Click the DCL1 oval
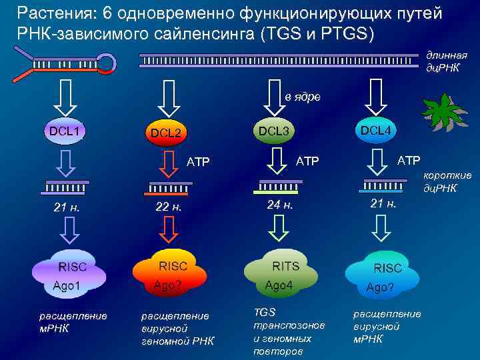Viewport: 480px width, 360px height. click(x=63, y=131)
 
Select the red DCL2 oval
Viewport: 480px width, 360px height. click(x=165, y=133)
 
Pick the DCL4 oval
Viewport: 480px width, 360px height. click(x=375, y=130)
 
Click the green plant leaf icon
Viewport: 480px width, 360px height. click(x=443, y=111)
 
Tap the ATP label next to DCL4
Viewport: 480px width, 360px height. click(x=409, y=160)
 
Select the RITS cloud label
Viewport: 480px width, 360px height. click(x=285, y=265)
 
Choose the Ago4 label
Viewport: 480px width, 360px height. click(x=279, y=285)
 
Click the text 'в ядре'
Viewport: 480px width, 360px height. click(x=303, y=97)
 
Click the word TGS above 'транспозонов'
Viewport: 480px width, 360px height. click(x=265, y=312)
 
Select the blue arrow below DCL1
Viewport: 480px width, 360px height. click(x=66, y=163)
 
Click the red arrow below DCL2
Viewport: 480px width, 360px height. click(x=169, y=163)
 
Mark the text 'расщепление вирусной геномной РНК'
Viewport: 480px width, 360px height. click(x=177, y=329)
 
